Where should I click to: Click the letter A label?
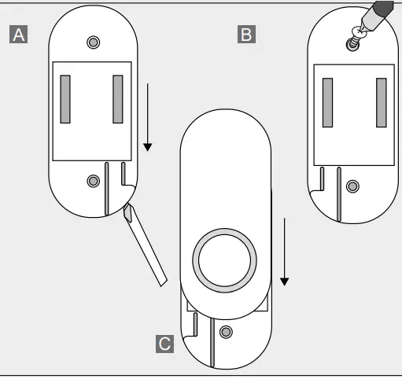point(18,34)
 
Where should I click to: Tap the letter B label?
point(246,34)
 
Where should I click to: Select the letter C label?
point(164,344)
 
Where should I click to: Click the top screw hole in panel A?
point(94,41)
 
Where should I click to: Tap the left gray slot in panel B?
point(329,102)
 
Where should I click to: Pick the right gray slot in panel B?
point(381,102)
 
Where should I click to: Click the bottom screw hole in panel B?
point(352,186)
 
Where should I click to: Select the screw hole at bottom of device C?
point(227,331)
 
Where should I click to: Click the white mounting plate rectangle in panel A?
point(92,114)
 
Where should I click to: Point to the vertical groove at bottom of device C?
point(210,342)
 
